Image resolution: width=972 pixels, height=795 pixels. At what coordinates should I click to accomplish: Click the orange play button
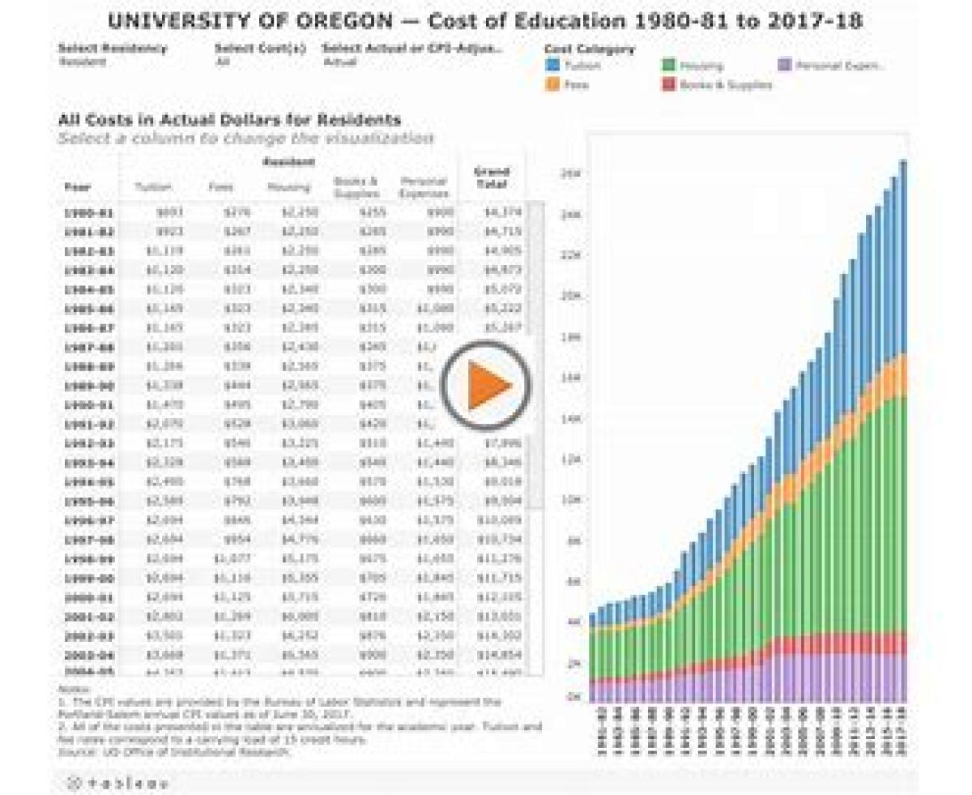coord(487,385)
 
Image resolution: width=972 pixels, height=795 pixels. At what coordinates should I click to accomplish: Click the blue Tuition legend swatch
coord(553,66)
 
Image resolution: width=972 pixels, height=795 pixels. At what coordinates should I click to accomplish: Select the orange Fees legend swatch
coord(553,83)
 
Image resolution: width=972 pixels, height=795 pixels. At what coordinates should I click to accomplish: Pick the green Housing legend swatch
coord(669,66)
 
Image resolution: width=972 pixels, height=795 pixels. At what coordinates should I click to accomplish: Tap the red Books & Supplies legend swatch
coord(669,83)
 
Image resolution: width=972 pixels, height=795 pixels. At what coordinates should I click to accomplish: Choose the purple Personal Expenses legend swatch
coord(784,66)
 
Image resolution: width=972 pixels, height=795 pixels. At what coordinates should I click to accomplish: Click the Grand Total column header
coord(492,177)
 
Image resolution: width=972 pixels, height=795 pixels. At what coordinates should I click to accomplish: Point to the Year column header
coord(78,187)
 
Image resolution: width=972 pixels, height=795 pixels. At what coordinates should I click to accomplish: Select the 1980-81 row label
coord(89,213)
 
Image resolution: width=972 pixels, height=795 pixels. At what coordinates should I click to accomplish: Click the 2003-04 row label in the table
coord(89,654)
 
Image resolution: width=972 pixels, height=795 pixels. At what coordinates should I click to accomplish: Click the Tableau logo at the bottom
coord(117,783)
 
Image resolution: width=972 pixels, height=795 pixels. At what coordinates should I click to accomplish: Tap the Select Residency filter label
coord(113,48)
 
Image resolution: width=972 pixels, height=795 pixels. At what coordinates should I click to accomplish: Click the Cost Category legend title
coord(589,49)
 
